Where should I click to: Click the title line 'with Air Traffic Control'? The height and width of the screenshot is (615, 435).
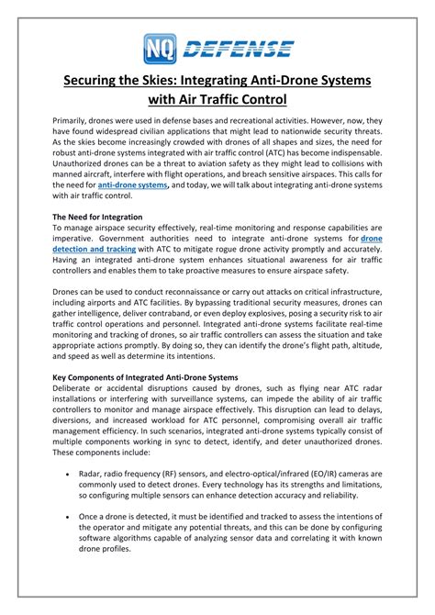(x=217, y=98)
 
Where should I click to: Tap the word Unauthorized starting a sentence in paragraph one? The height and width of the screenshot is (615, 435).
(x=82, y=184)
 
